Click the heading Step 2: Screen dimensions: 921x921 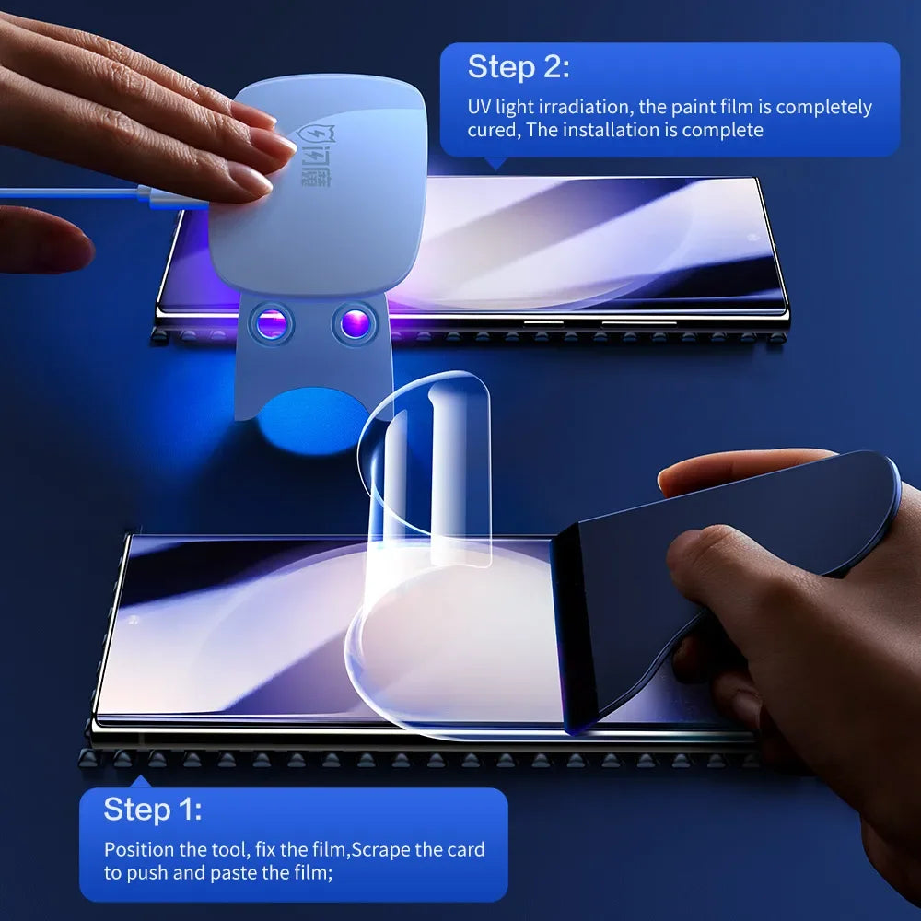(x=519, y=67)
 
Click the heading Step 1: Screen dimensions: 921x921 (x=153, y=810)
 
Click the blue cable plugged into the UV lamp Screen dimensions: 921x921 (x=74, y=193)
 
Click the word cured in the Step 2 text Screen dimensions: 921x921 (x=492, y=130)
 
